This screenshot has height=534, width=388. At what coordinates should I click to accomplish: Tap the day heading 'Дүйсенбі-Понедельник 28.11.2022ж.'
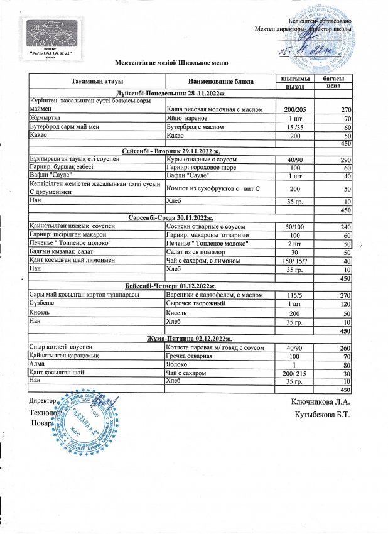(x=190, y=93)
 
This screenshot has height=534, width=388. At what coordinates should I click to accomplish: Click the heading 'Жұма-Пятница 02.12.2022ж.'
(x=190, y=338)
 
